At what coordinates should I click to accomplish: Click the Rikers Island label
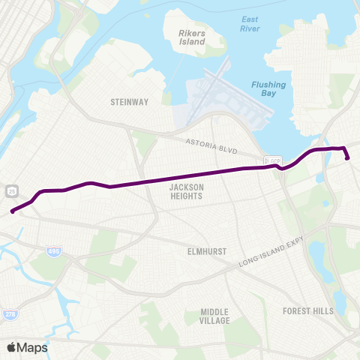tap(192, 37)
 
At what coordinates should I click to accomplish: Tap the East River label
tap(250, 24)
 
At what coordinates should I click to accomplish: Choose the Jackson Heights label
tap(187, 191)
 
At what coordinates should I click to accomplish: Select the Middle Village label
tap(215, 316)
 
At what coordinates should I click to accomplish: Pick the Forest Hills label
tap(306, 310)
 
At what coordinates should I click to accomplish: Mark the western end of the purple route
tap(13, 211)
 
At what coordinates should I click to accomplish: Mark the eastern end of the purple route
tap(348, 157)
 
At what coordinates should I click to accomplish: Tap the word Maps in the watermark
tap(34, 347)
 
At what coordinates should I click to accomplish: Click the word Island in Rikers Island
tap(192, 43)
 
